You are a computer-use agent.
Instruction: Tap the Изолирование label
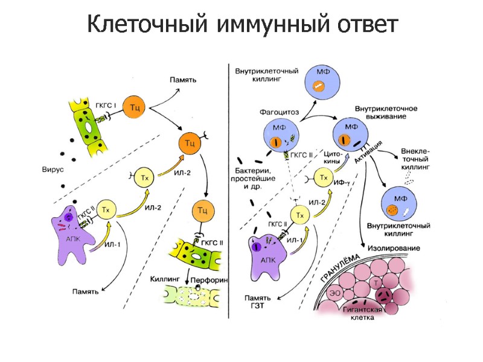click(x=392, y=248)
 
